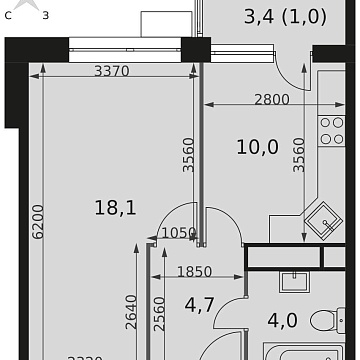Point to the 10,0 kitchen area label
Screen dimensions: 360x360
(257, 147)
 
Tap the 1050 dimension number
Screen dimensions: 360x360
(176, 233)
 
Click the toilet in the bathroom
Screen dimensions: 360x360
(322, 321)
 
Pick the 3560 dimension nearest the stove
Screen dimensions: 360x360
(299, 155)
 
